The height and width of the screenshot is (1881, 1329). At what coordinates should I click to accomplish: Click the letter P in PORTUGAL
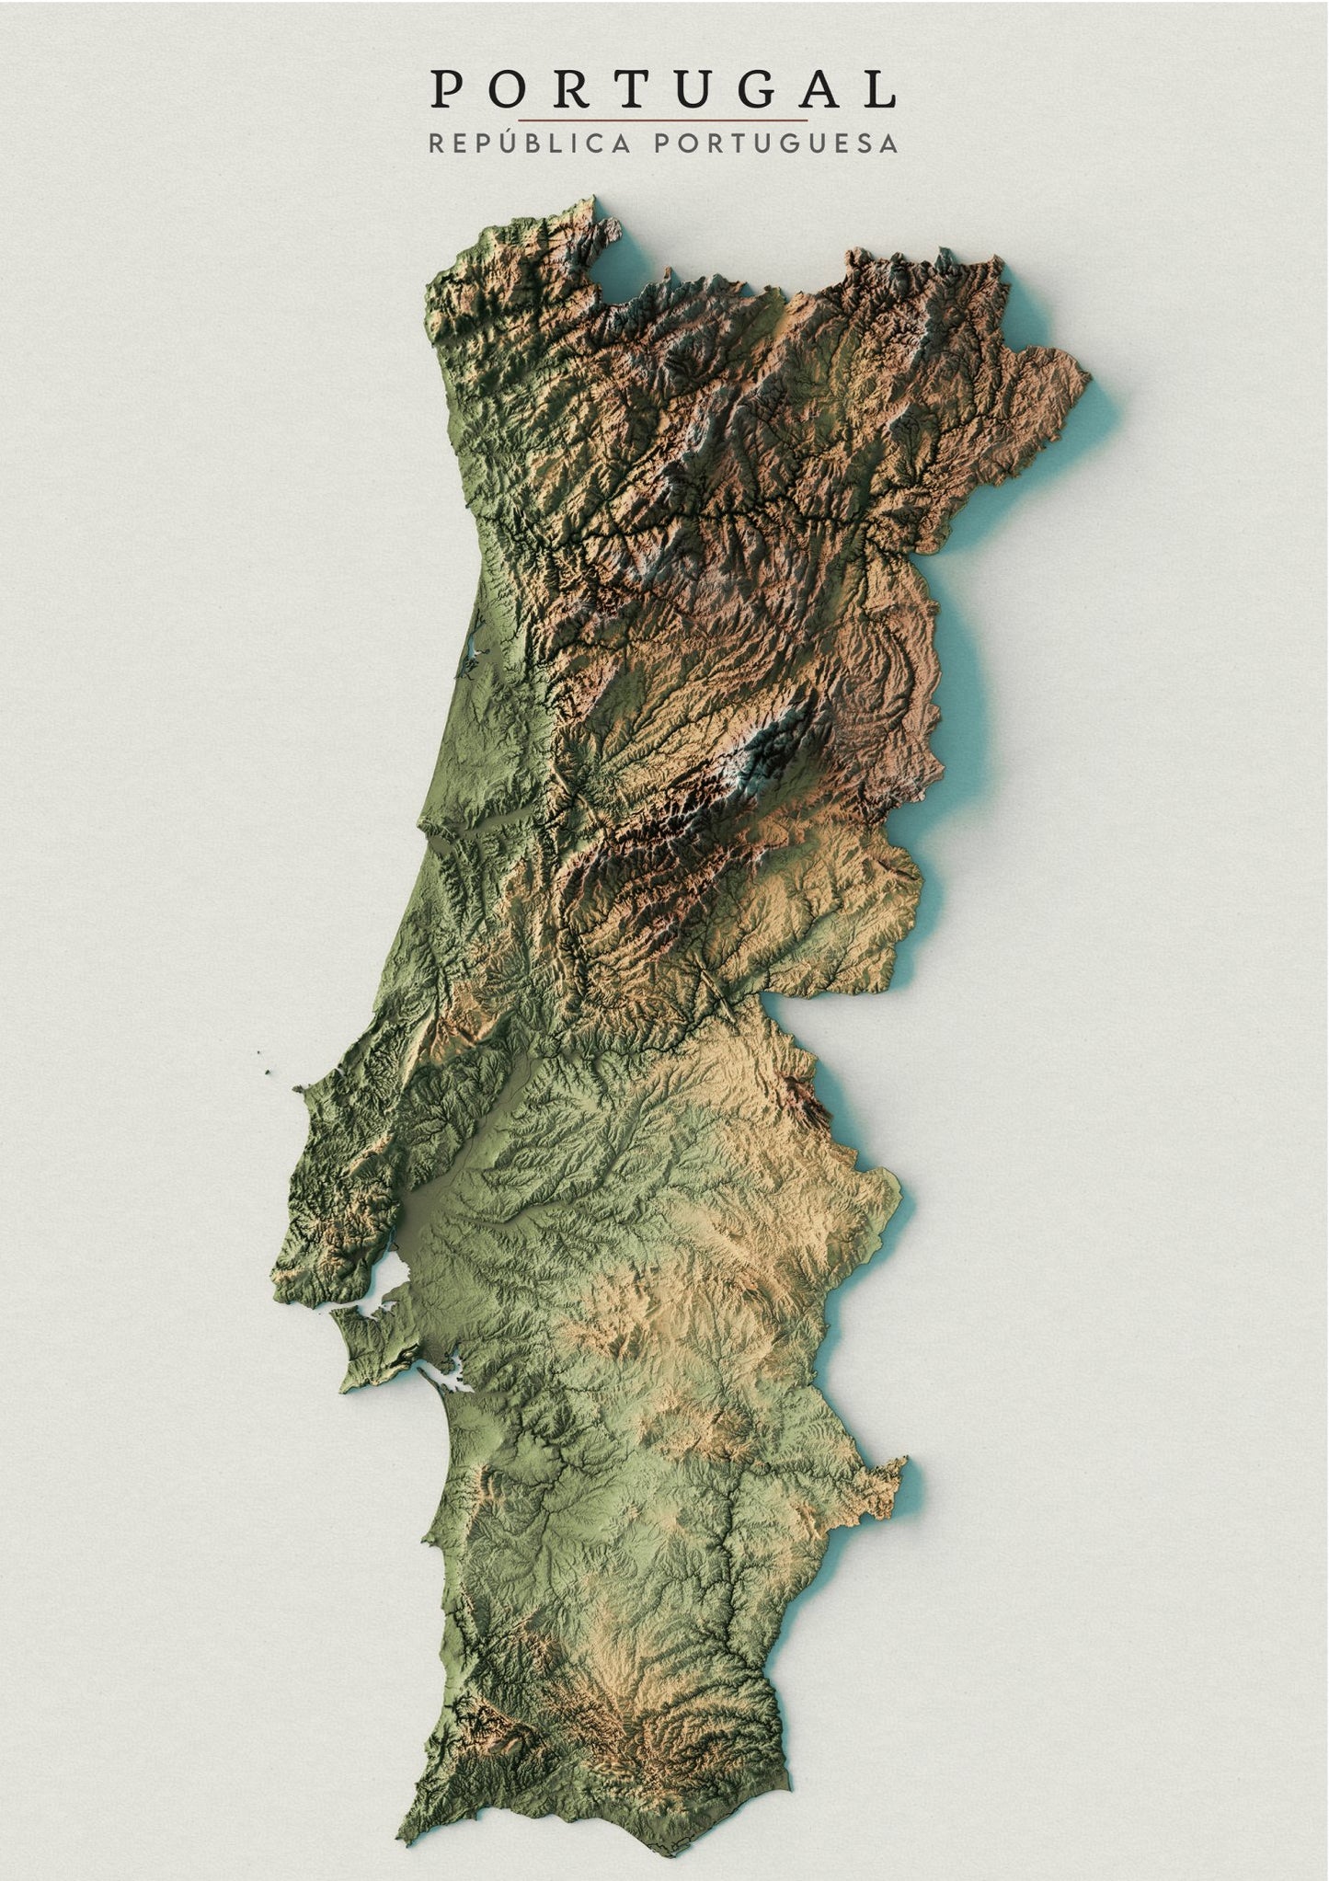(x=448, y=90)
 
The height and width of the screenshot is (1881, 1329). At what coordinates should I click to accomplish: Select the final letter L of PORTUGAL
(x=881, y=90)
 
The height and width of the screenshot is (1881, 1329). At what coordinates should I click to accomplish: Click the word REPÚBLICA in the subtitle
(x=530, y=144)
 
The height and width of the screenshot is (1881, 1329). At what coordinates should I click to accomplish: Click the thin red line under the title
(x=662, y=120)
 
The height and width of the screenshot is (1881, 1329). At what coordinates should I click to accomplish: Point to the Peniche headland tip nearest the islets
(x=298, y=1089)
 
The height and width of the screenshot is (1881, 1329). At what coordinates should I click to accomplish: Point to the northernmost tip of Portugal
(x=594, y=198)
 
